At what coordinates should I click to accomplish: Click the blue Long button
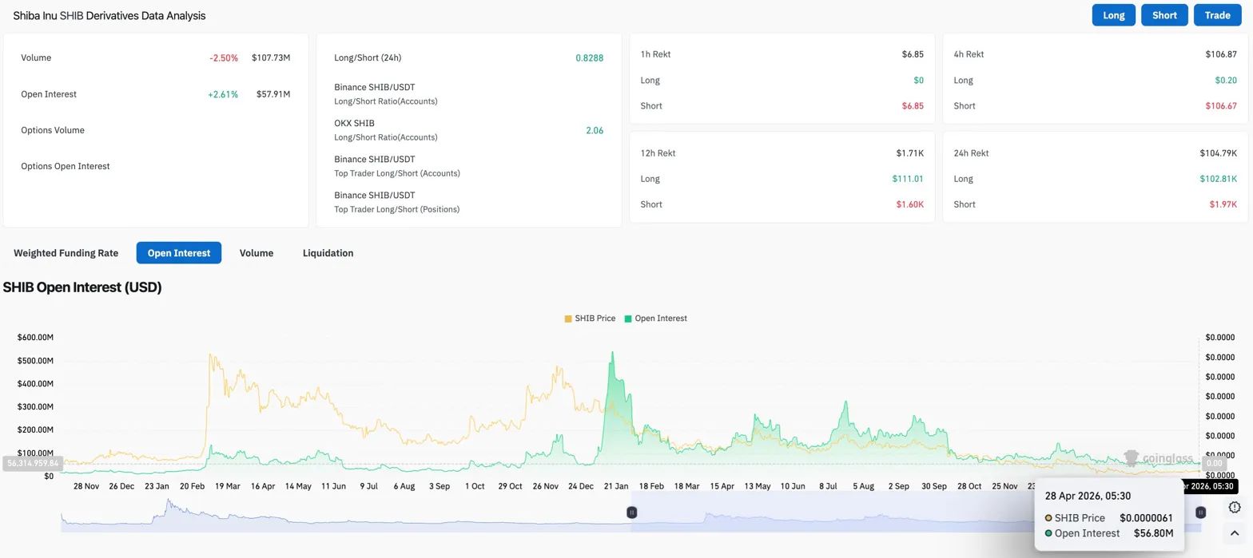pos(1113,15)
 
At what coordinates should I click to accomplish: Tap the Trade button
pos(1217,15)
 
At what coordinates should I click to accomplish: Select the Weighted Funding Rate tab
pos(66,253)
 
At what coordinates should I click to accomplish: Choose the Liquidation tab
pos(328,253)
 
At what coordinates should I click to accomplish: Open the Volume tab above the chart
pos(257,253)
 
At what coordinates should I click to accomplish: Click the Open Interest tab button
pos(179,253)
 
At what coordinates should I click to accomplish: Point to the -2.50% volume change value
pos(223,58)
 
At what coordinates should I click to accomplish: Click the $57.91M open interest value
pos(271,94)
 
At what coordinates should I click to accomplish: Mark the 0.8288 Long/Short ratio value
pos(589,58)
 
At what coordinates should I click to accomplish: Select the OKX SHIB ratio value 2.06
pos(595,130)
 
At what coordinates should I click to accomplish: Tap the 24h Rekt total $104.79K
pos(1218,153)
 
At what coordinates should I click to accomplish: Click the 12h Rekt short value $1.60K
pos(910,204)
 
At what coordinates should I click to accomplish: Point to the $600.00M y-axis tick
pos(35,338)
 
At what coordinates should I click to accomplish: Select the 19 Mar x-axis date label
pos(228,485)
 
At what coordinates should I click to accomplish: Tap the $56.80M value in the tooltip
pos(1153,533)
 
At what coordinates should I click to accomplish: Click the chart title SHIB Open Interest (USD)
pos(82,287)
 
